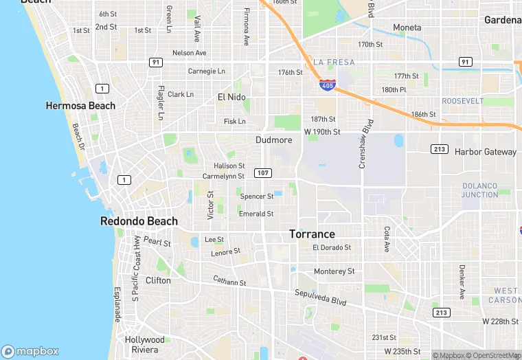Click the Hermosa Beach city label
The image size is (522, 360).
click(80, 106)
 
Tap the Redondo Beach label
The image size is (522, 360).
click(139, 221)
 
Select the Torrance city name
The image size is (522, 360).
click(312, 234)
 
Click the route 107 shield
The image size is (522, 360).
click(262, 172)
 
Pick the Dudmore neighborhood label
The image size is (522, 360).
click(273, 140)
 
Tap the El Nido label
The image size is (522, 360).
click(231, 97)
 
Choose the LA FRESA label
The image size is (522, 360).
click(334, 63)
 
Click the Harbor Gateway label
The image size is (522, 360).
click(486, 152)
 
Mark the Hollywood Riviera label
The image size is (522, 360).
click(145, 344)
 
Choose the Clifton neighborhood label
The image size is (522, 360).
click(158, 280)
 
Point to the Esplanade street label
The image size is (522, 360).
click(117, 304)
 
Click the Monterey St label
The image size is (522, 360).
click(334, 271)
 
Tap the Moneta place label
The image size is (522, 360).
click(407, 27)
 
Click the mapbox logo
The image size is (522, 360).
click(31, 351)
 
